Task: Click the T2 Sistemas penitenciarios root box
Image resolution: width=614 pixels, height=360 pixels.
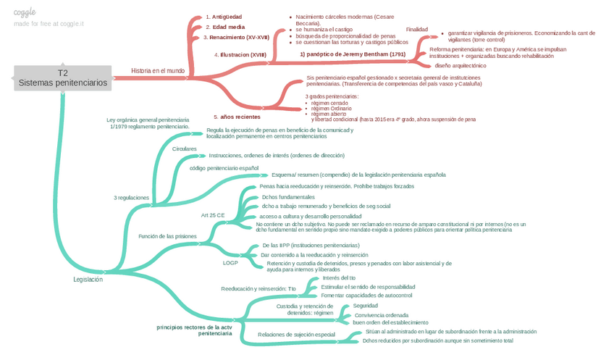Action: [x=62, y=78]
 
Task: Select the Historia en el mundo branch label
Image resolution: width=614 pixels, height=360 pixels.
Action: [x=158, y=70]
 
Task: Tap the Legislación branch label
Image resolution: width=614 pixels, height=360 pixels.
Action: [x=88, y=279]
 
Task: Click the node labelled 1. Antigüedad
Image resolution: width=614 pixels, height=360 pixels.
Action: [x=224, y=16]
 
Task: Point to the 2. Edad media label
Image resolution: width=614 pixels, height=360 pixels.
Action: [x=224, y=26]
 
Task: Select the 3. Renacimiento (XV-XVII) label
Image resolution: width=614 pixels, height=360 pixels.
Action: [x=236, y=36]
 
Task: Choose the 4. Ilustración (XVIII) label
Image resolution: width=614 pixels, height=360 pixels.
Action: [x=240, y=54]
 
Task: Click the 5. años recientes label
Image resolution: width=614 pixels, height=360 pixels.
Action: [x=237, y=116]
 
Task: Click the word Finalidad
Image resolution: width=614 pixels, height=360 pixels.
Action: [x=416, y=29]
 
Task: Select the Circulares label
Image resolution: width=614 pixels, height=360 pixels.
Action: [x=185, y=148]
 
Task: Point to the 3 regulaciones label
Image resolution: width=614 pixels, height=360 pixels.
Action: [x=131, y=197]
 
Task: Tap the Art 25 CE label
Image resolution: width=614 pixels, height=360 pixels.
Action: [x=213, y=215]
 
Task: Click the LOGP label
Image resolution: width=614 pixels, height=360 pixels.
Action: [x=230, y=263]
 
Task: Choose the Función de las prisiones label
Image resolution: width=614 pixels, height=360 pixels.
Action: [x=167, y=236]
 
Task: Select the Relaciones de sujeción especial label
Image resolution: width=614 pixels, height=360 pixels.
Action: [x=297, y=334]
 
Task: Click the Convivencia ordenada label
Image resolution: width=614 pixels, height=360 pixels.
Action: [x=381, y=315]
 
